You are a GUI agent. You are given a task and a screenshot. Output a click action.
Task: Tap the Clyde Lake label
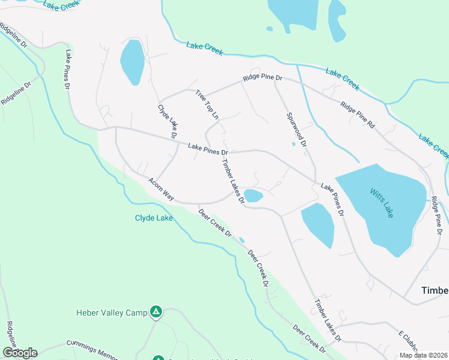coord(154,218)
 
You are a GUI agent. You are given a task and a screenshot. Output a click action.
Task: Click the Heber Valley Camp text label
coord(112,312)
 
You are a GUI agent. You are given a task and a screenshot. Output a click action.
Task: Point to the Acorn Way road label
coord(161,189)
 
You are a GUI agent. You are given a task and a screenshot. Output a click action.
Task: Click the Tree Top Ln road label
coord(207,103)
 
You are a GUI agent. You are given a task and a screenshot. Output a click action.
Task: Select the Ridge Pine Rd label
coord(357,116)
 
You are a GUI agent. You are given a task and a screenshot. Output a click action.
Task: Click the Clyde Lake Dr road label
coord(167,122)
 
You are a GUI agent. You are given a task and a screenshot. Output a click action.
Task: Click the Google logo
coord(19,353)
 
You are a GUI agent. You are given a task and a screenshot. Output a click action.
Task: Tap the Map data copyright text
coord(423,355)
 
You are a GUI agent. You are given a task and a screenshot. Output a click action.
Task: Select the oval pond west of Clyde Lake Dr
coord(132,62)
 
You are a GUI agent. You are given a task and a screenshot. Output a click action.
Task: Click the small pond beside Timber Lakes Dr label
coord(253,196)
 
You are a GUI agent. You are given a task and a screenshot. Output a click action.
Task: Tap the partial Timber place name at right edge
coord(435,290)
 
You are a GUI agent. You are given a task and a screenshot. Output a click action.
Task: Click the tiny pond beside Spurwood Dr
coord(294,144)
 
